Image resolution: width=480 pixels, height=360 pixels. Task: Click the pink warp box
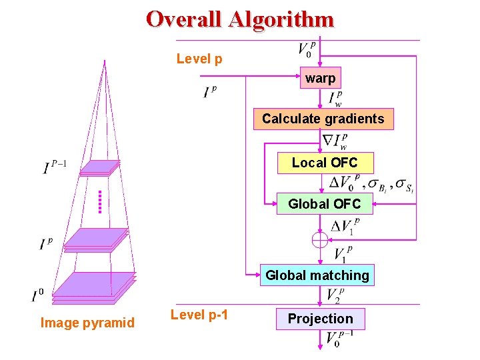[x=320, y=78]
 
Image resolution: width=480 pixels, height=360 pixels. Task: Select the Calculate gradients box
[x=323, y=119]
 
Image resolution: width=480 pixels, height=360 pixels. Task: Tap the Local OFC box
[x=325, y=163]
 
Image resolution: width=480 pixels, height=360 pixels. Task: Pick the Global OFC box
[x=325, y=204]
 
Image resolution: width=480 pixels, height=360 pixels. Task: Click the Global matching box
[x=317, y=275]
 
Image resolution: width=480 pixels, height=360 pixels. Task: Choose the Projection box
[x=320, y=319]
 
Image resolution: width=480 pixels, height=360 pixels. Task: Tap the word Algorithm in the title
[x=283, y=19]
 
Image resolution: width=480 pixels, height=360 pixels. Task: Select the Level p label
[x=199, y=59]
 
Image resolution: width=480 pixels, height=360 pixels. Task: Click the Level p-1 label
[x=199, y=315]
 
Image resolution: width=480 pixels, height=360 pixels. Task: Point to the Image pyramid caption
[x=87, y=323]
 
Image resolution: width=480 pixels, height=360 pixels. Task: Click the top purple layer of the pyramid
[x=100, y=167]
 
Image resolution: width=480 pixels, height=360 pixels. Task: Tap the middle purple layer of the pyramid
[x=97, y=239]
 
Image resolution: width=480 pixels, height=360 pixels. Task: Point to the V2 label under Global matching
[x=335, y=295]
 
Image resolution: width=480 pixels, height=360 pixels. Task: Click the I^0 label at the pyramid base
[x=37, y=295]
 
